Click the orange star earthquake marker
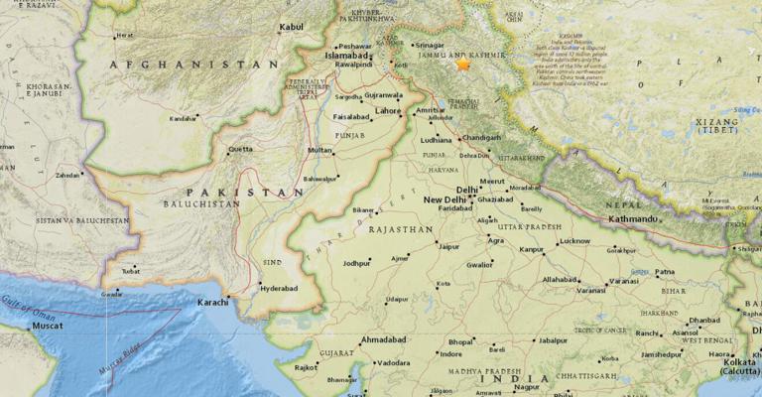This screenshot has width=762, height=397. [x=462, y=65]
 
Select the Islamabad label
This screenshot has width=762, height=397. [x=338, y=58]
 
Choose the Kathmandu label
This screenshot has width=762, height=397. [x=636, y=217]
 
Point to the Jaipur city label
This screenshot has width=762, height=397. [x=450, y=246]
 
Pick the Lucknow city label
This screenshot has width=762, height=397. [x=574, y=241]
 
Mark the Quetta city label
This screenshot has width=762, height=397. [x=240, y=150]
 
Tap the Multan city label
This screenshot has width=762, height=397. [x=319, y=150]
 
